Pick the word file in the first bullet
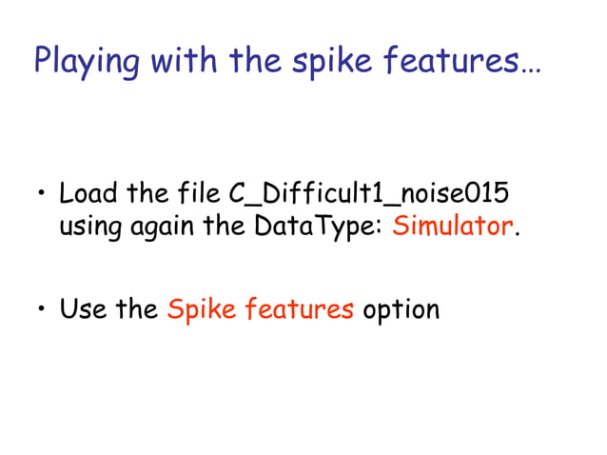point(200,194)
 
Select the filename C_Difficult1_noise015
point(369,195)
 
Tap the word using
point(87,229)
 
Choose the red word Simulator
point(452,228)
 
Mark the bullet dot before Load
point(41,196)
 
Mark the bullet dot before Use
point(41,311)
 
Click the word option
point(401,311)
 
